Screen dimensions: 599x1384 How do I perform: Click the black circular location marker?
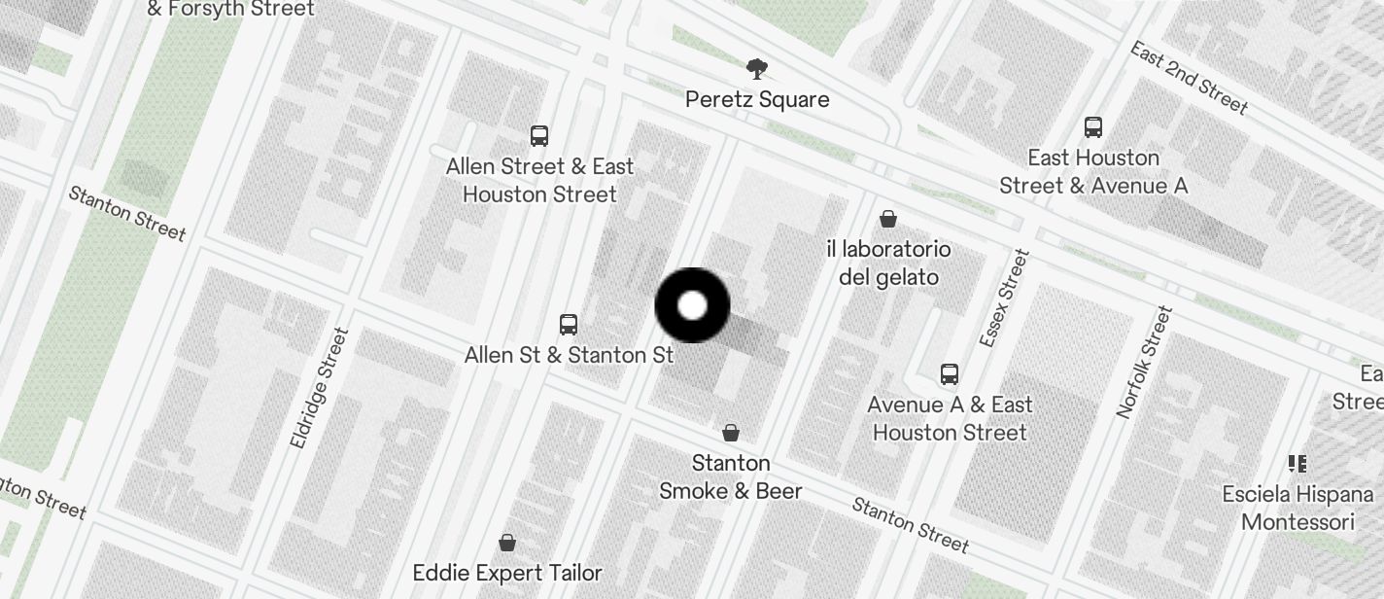tap(692, 305)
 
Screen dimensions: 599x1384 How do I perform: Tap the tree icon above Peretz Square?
tap(757, 69)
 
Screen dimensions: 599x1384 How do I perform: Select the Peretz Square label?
tap(757, 99)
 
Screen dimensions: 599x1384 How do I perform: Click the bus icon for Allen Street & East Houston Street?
tap(539, 135)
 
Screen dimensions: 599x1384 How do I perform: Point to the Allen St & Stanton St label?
tap(569, 355)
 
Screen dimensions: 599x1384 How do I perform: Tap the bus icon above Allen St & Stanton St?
tap(569, 324)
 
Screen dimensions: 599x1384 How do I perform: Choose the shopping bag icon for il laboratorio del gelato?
tap(887, 219)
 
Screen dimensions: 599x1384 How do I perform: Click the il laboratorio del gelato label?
tap(888, 264)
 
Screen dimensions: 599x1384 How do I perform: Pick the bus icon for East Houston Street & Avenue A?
tap(1093, 126)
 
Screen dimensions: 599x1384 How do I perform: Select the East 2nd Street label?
tap(1189, 77)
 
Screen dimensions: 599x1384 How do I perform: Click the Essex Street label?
tap(1004, 299)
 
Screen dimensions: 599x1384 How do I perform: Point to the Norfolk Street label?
tap(1146, 362)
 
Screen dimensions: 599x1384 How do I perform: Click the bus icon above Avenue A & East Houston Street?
tap(950, 373)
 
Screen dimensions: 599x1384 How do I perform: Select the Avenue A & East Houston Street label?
tap(950, 418)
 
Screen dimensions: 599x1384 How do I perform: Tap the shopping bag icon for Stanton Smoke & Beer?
tap(731, 432)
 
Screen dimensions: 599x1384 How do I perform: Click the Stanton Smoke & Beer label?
tap(731, 476)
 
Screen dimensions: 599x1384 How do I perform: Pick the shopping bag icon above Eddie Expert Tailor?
tap(506, 542)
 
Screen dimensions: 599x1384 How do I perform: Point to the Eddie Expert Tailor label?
tap(507, 573)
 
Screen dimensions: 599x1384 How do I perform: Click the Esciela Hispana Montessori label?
tap(1297, 508)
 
